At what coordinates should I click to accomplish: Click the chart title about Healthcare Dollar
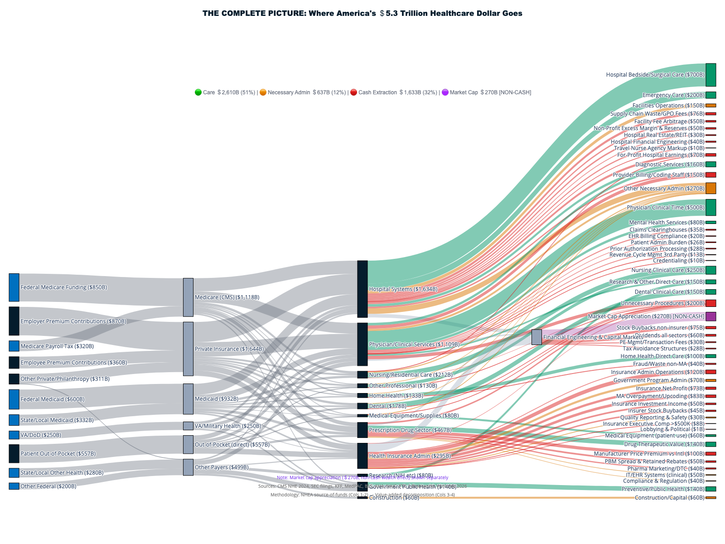362,14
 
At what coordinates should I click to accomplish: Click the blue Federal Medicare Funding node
14,287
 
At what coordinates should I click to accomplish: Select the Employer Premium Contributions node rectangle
14,321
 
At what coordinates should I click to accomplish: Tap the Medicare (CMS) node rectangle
188,297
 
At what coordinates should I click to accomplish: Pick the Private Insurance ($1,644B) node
188,349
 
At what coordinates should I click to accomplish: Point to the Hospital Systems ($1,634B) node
362,289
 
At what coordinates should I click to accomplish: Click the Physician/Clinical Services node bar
362,344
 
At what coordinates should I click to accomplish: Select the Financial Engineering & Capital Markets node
536,337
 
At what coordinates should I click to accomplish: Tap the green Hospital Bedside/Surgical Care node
710,75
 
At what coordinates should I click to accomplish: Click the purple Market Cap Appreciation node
710,316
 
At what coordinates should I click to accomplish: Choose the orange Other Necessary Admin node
710,189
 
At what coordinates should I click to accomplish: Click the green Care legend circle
198,92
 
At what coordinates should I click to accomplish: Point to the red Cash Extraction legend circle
353,92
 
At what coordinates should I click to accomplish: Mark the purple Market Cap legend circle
445,92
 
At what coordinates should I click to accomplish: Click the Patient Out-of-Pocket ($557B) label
58,454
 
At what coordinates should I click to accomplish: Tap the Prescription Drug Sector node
362,430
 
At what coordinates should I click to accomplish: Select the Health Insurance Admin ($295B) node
362,456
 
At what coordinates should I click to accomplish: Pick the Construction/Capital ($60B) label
669,498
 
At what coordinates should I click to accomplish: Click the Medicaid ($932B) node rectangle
188,399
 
